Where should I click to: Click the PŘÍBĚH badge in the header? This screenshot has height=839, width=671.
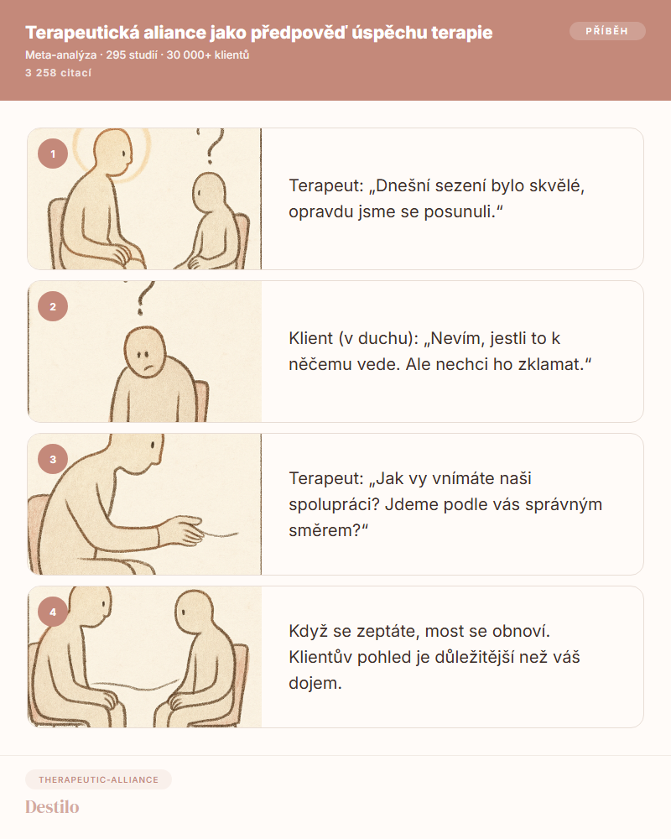(x=607, y=31)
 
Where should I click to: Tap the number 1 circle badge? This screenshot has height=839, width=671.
(x=53, y=154)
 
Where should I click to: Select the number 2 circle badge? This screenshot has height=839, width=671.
(x=53, y=306)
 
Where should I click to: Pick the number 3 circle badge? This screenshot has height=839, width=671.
(x=53, y=459)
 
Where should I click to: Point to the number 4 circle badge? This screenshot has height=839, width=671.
(x=53, y=612)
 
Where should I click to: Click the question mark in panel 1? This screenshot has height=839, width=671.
(x=212, y=145)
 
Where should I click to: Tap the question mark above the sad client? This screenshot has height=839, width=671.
(x=143, y=298)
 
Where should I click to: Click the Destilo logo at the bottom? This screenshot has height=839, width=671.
(x=52, y=807)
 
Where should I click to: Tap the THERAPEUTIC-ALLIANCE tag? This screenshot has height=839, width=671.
(x=98, y=779)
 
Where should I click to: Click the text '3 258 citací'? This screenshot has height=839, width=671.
(x=59, y=73)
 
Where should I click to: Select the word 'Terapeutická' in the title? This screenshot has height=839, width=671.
(x=82, y=33)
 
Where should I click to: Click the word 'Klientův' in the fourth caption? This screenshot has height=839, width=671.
(x=320, y=657)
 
